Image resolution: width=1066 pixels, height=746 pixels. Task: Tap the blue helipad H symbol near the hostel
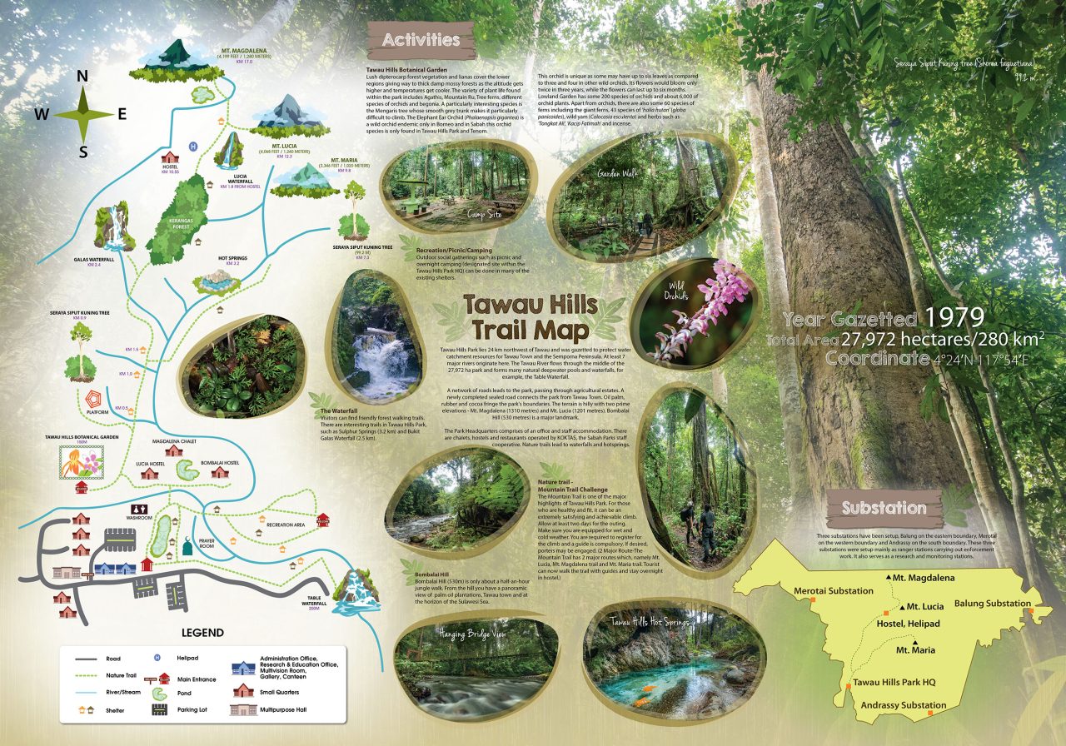click(193, 147)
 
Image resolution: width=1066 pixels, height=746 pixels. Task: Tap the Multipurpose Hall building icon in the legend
click(242, 709)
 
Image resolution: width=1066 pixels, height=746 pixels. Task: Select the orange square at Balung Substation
click(1031, 611)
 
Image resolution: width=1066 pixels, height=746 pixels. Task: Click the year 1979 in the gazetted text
click(955, 316)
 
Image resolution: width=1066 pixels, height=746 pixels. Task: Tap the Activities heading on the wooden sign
click(421, 40)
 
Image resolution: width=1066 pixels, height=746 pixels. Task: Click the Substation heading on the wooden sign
click(883, 507)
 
